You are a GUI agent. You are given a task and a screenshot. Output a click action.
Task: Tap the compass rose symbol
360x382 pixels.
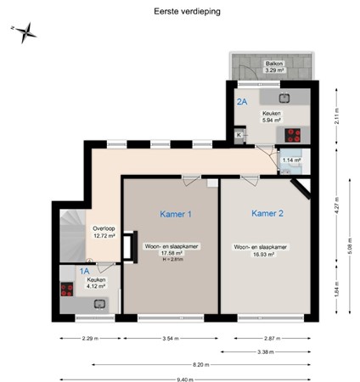point(25,32)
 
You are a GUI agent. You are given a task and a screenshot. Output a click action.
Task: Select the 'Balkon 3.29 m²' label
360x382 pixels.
point(273,66)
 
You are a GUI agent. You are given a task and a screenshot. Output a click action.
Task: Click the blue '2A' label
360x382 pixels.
point(242,102)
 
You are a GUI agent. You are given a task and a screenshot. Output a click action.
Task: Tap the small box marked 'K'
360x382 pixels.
point(239,134)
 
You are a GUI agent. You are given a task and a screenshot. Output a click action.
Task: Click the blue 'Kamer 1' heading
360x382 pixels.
point(176,214)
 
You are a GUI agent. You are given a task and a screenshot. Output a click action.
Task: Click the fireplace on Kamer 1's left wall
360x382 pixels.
point(129,246)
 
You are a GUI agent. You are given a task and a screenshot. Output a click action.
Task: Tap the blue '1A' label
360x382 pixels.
point(84,272)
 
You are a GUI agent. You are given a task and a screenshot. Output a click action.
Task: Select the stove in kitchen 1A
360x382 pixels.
point(66,288)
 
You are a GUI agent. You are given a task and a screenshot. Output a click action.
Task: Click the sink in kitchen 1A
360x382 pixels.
point(98,302)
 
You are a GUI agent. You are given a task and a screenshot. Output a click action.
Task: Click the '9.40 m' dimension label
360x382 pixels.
point(200,379)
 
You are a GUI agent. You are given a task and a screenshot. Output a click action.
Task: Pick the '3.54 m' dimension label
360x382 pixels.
point(172,338)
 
